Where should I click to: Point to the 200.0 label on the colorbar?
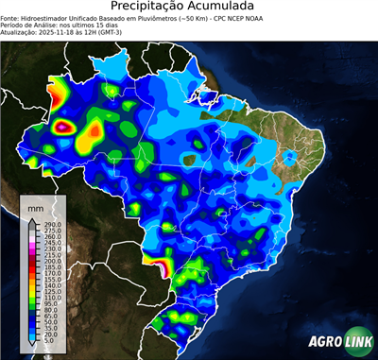tap(51, 262)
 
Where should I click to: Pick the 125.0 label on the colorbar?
tap(51, 291)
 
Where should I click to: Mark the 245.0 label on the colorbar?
tap(51, 241)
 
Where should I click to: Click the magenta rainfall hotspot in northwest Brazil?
tap(64, 125)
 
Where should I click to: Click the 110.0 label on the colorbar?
tap(51, 298)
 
